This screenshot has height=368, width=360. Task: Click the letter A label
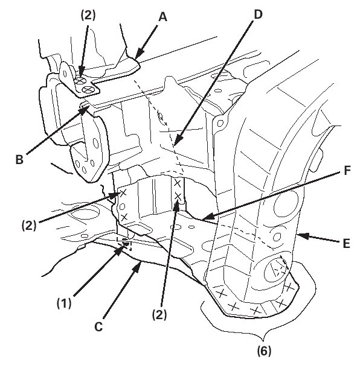(x=162, y=17)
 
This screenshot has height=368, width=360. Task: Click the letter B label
(x=19, y=159)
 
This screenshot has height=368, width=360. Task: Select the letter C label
(x=98, y=326)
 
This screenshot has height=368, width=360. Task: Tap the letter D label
(x=258, y=14)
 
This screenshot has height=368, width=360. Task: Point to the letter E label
(x=346, y=243)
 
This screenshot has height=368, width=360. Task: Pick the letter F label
(x=347, y=171)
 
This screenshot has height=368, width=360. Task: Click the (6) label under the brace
(x=264, y=351)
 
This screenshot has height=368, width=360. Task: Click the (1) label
(x=64, y=303)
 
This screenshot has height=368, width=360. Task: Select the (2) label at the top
(x=88, y=16)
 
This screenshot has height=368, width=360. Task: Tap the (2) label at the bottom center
(x=159, y=315)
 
